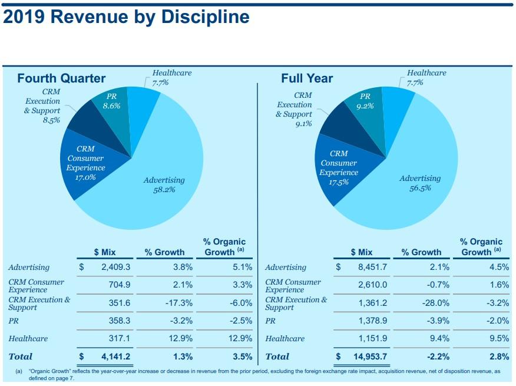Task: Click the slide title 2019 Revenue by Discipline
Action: pyautogui.click(x=126, y=17)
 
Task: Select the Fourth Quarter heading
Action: pyautogui.click(x=61, y=78)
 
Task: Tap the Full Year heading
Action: pyautogui.click(x=307, y=78)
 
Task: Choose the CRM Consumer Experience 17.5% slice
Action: pyautogui.click(x=339, y=168)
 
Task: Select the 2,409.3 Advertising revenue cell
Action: pyautogui.click(x=115, y=268)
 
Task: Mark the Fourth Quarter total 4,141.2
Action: pyautogui.click(x=115, y=357)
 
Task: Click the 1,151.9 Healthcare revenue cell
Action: pyautogui.click(x=372, y=338)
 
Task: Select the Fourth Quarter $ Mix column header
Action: pyautogui.click(x=105, y=252)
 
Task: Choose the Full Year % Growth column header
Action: pyautogui.click(x=421, y=252)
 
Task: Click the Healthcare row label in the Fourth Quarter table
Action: pyautogui.click(x=28, y=338)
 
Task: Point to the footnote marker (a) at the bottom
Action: pyautogui.click(x=19, y=372)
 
